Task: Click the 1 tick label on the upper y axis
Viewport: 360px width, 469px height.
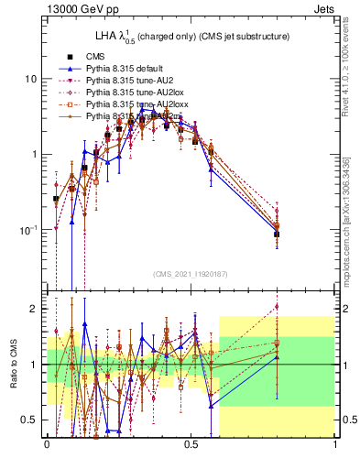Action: [x=34, y=154]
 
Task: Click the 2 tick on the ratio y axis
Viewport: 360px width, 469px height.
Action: [x=34, y=309]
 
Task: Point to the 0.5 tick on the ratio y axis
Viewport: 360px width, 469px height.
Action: [x=30, y=420]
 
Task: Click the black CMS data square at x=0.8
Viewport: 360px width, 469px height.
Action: [x=278, y=234]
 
